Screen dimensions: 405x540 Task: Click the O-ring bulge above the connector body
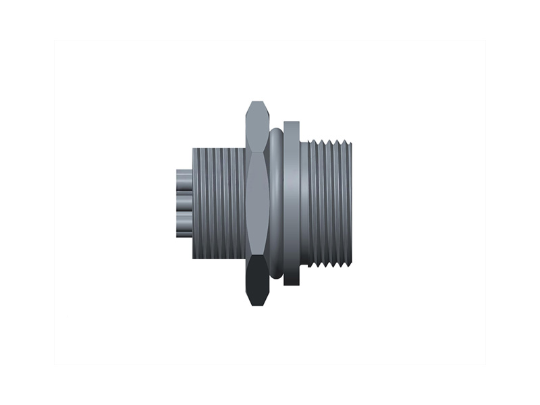(277, 135)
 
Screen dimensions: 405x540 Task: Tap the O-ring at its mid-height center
(277, 202)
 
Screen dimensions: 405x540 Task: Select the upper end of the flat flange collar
(292, 128)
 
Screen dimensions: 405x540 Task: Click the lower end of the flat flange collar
(292, 278)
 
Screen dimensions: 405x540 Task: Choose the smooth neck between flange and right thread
(304, 202)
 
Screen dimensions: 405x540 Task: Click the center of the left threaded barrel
(219, 202)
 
